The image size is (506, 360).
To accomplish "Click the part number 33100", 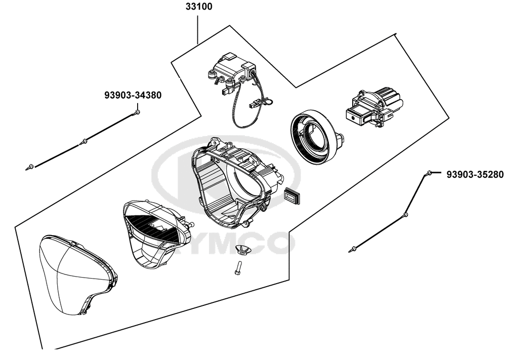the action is point(199,7).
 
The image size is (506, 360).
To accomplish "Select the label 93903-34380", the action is point(133,95).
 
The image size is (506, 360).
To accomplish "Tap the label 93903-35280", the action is point(475,174).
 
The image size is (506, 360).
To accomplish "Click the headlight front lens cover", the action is point(78,275).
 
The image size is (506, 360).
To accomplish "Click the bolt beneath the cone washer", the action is point(237,268).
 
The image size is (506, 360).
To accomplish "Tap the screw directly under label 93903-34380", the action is point(138,112).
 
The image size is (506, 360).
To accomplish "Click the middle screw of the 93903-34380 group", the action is point(84,141).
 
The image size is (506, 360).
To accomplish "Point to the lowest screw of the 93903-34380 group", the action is point(30,167).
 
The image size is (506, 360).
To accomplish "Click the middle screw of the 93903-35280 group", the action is point(405,214).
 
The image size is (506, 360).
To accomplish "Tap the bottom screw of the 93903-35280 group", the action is point(353,249).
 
